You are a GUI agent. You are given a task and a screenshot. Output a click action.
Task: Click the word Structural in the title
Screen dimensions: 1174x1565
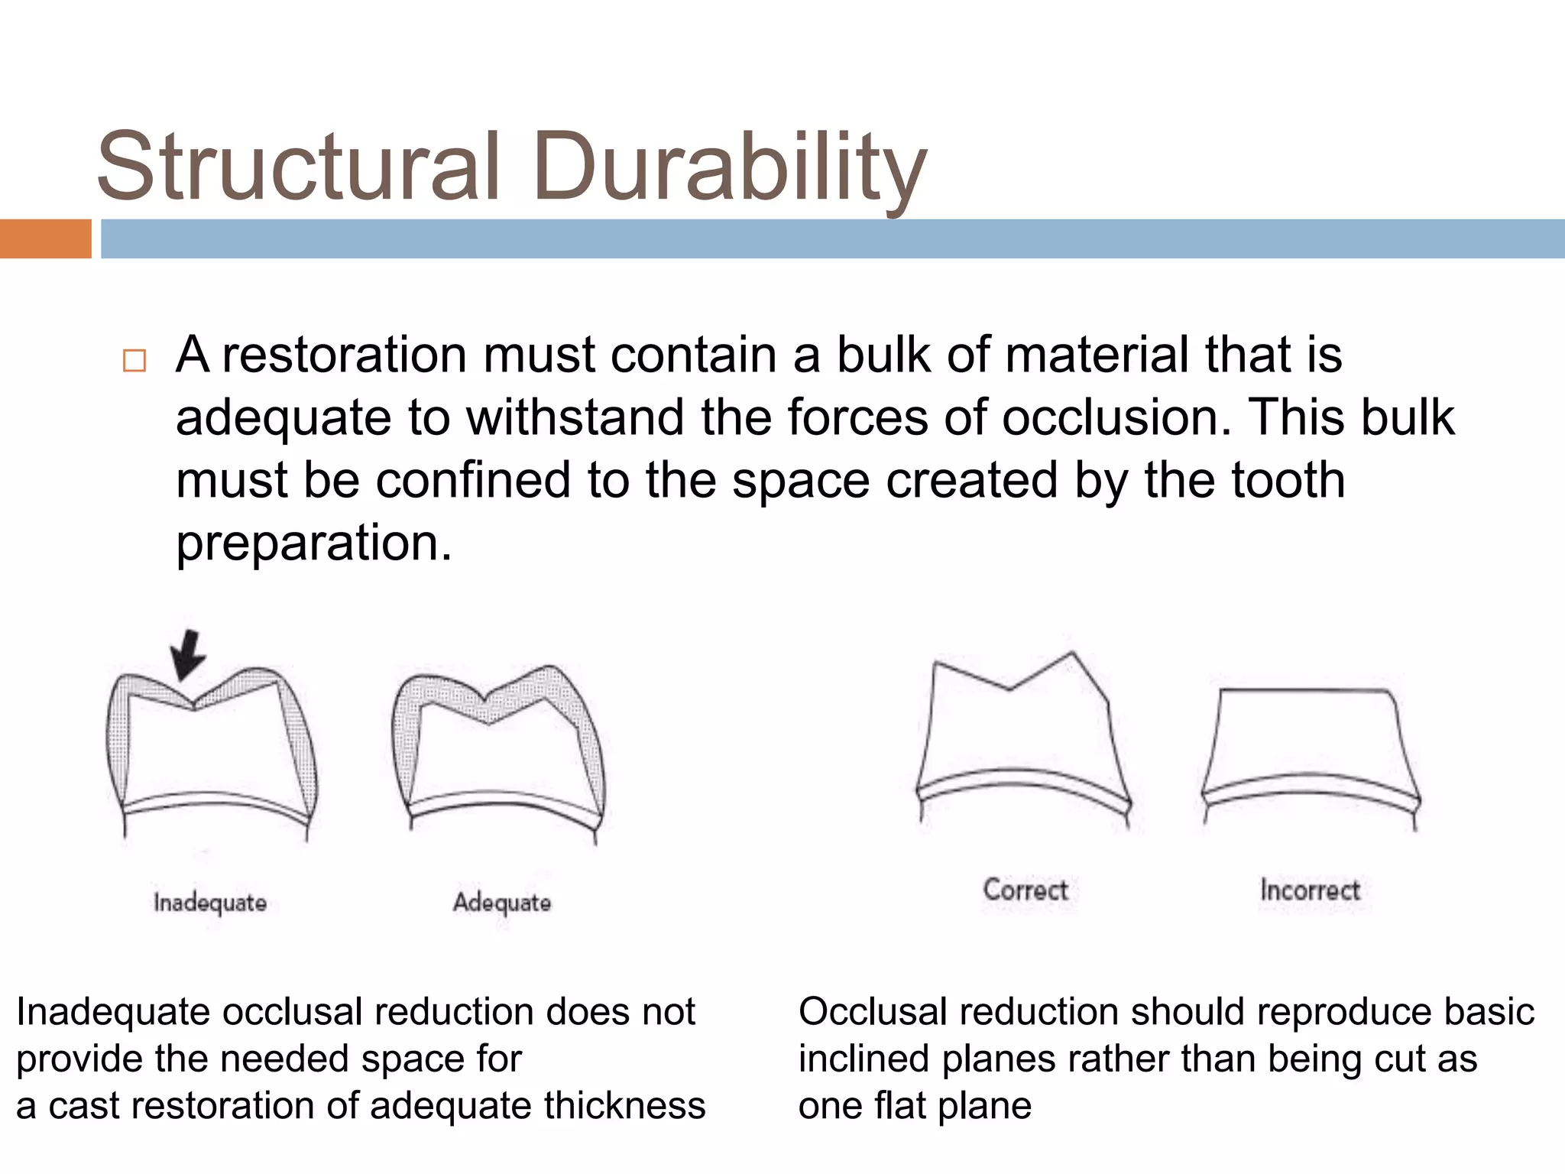(298, 167)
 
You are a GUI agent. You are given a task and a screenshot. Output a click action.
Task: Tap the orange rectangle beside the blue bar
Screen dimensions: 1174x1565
(45, 238)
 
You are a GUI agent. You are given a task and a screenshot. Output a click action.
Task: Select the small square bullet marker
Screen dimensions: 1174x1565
(134, 360)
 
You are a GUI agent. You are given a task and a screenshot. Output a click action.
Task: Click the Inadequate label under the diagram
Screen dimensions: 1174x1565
(210, 903)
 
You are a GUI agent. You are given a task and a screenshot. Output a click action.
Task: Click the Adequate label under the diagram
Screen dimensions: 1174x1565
(502, 903)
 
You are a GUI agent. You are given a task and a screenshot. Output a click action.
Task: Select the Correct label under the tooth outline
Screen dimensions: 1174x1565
(1026, 890)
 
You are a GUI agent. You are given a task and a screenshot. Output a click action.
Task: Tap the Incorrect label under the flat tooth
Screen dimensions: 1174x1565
(1310, 890)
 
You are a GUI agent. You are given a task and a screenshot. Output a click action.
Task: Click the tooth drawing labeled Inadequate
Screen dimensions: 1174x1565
(210, 757)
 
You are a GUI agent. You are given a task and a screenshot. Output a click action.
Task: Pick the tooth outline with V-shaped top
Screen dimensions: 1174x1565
(1022, 741)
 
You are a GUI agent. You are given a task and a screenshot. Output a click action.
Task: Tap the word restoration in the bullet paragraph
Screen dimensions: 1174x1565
(345, 355)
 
